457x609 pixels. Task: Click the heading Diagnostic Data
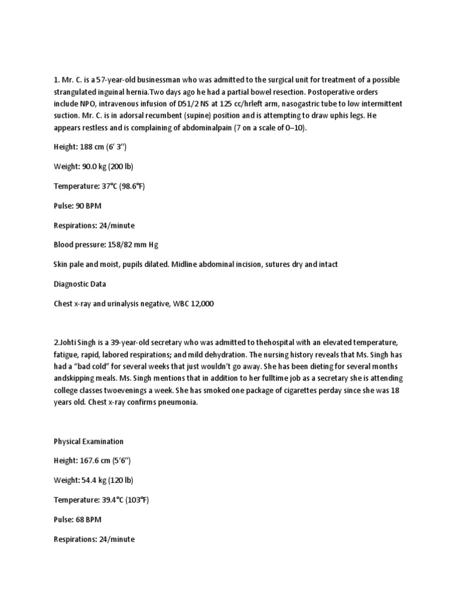pyautogui.click(x=80, y=284)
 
